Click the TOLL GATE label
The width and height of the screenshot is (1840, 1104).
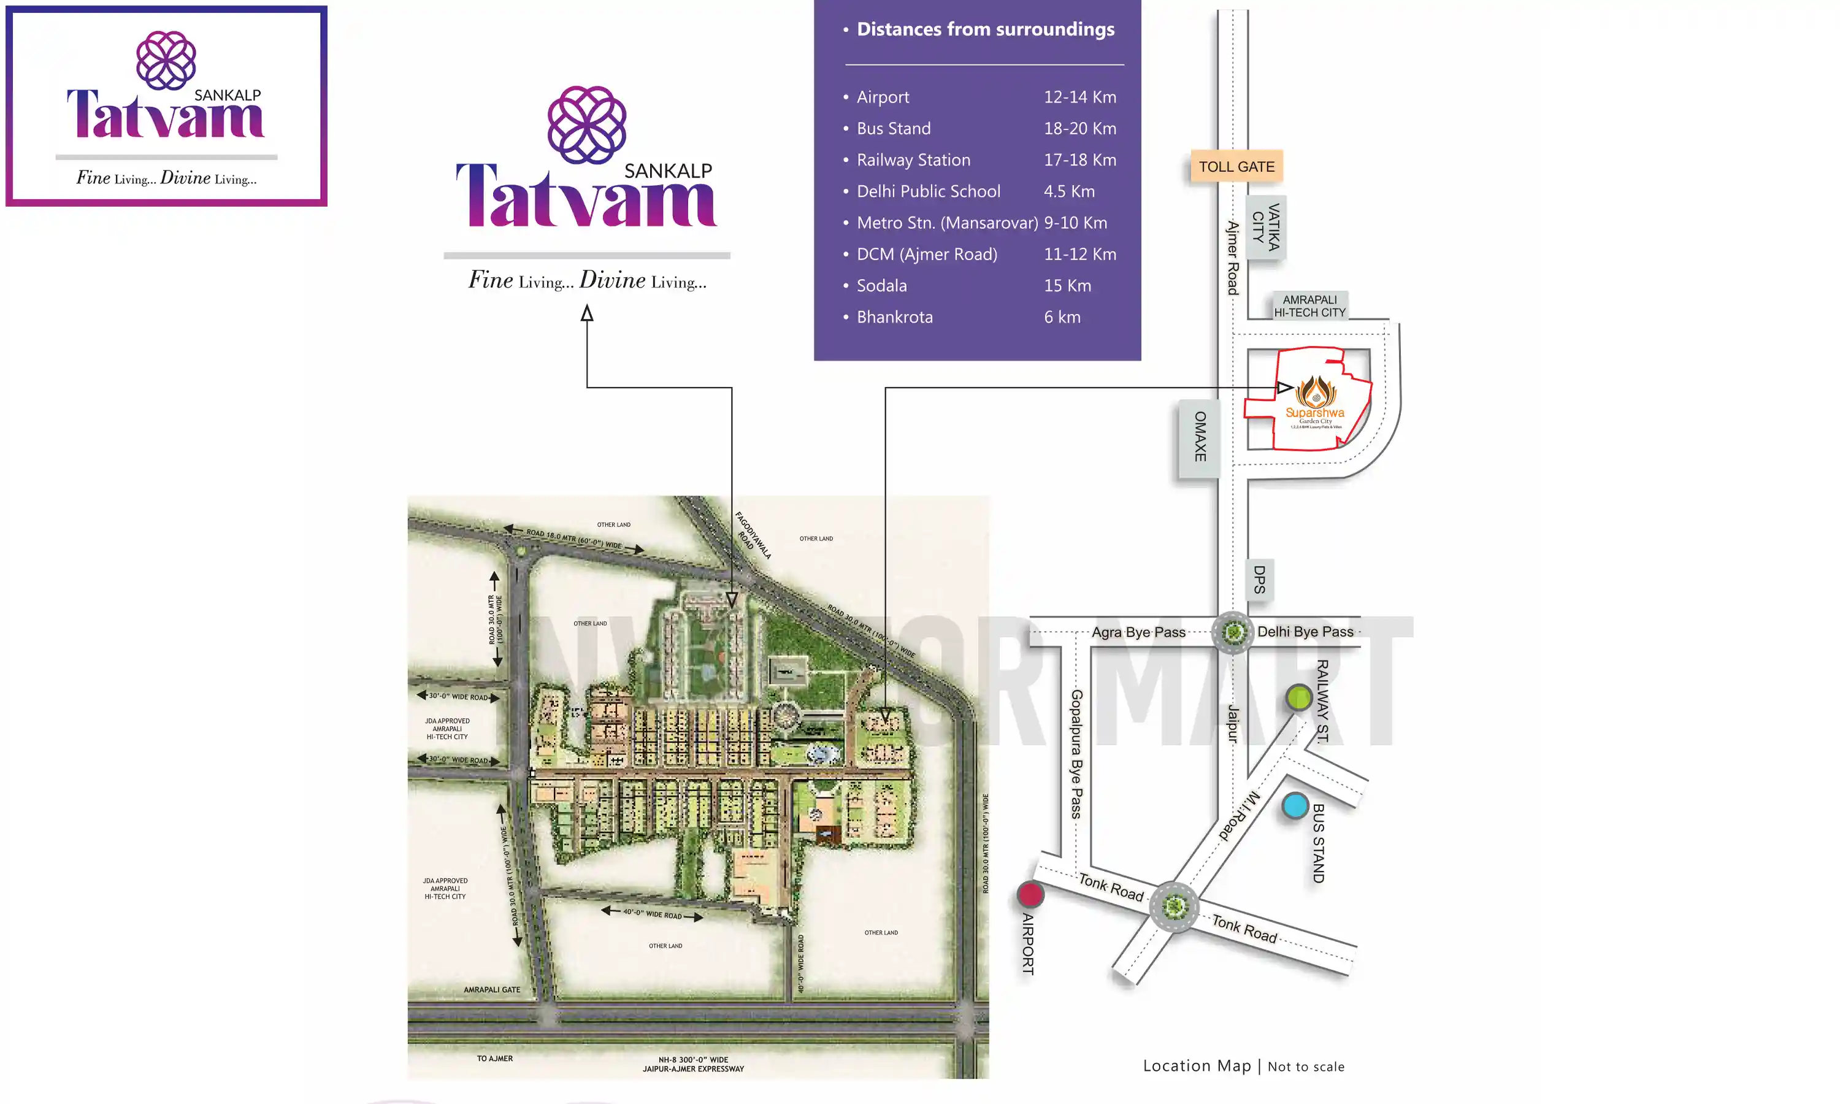(1236, 167)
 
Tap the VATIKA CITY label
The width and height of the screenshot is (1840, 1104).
(1266, 227)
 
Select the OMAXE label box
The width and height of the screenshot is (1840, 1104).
(1200, 437)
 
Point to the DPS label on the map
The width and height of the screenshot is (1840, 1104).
(1259, 580)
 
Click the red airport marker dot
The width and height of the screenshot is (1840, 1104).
(1030, 894)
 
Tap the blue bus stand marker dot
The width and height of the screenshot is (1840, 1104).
(1295, 806)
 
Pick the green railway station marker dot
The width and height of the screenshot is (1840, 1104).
(1298, 698)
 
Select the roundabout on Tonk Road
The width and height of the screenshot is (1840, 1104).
(1175, 906)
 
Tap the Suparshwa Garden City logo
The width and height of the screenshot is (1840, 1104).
(1315, 402)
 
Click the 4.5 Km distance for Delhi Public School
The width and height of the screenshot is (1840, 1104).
(1069, 191)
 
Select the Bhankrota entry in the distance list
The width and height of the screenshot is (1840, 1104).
(894, 317)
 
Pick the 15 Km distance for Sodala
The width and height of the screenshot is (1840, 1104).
(1067, 286)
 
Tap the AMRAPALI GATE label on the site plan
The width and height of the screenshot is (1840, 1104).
(492, 989)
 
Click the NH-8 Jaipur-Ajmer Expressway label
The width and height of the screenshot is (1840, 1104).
(693, 1064)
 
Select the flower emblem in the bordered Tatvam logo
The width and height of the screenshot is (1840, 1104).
(166, 59)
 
